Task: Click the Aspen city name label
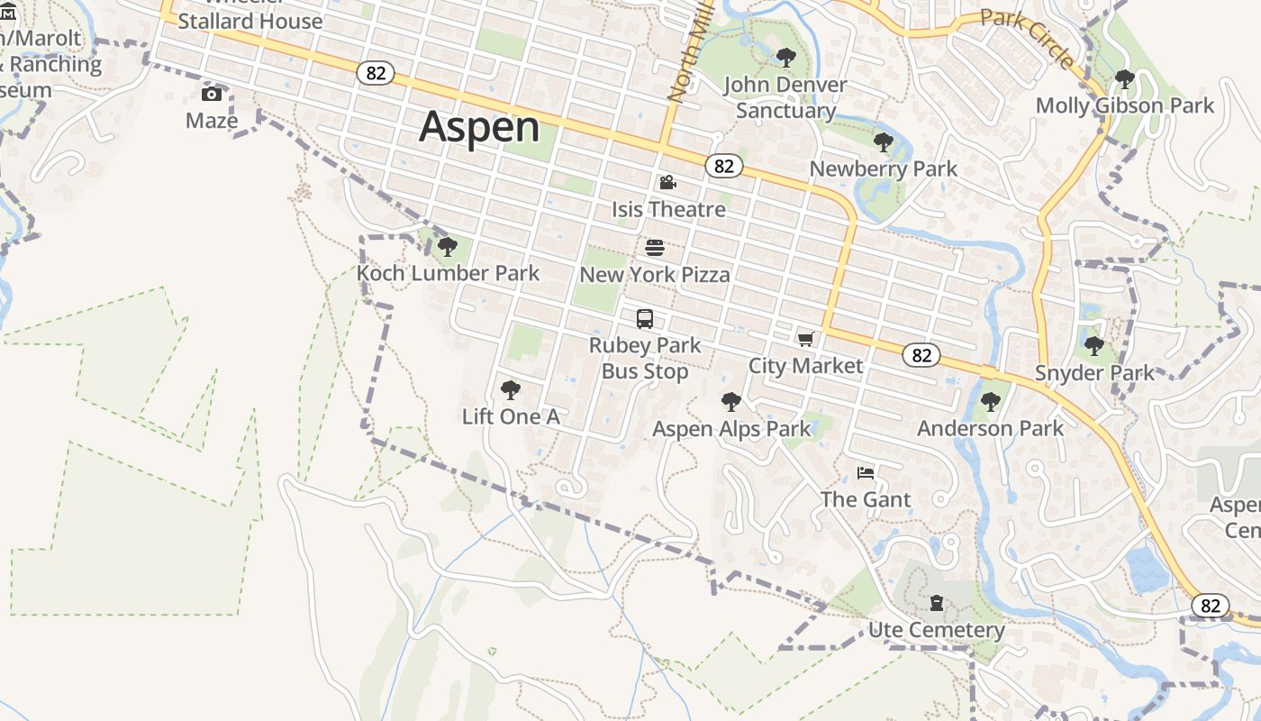(479, 126)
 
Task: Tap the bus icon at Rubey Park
(645, 318)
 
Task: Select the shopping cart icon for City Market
(805, 339)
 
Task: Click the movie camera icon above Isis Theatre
(667, 182)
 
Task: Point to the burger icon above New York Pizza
(655, 247)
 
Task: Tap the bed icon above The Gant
(866, 472)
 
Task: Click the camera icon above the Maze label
(212, 94)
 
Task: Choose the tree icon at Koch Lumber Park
(447, 246)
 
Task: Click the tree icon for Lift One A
(510, 390)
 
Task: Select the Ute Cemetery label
(936, 629)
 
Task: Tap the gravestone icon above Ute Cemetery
(937, 602)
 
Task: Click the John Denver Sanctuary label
(785, 97)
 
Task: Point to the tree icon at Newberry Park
(884, 141)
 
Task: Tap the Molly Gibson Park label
(1124, 105)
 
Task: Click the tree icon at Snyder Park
(1094, 345)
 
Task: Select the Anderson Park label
(990, 428)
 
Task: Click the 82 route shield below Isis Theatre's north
(725, 166)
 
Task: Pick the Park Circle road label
(1028, 37)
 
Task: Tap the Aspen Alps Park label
(731, 429)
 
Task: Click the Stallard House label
(249, 21)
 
